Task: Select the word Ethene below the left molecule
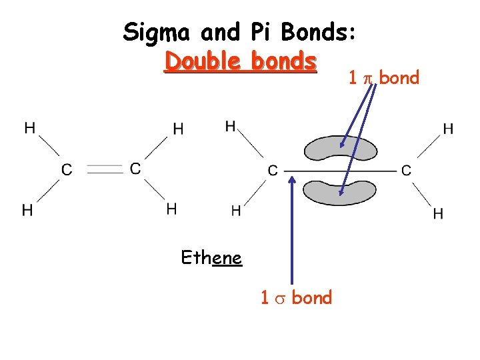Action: [x=211, y=257]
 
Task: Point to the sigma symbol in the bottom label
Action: [x=281, y=298]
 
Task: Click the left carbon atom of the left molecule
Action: [x=67, y=170]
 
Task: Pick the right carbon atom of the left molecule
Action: [x=135, y=169]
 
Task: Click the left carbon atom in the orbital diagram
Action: [x=272, y=171]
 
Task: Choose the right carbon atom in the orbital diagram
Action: [x=406, y=171]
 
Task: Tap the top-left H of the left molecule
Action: [x=30, y=128]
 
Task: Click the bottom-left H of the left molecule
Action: [x=27, y=210]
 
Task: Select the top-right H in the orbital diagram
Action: [x=448, y=129]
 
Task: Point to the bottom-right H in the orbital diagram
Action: [x=438, y=213]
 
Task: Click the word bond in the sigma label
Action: [x=311, y=298]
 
